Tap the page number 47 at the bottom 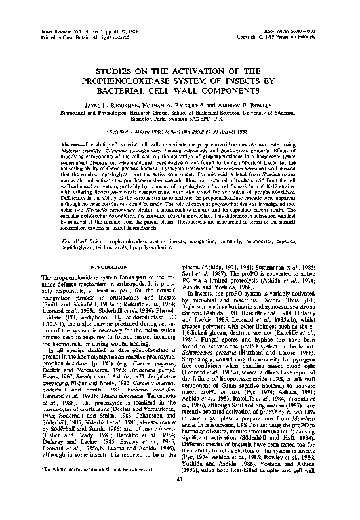[180, 498]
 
